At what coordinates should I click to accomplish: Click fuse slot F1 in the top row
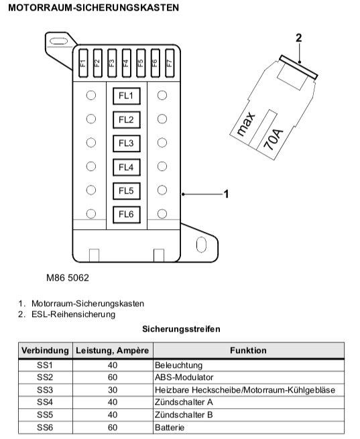pyautogui.click(x=83, y=63)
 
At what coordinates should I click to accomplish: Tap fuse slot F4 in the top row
pyautogui.click(x=126, y=63)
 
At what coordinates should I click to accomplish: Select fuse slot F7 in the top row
pyautogui.click(x=170, y=63)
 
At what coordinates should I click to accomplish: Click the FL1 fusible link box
pyautogui.click(x=127, y=96)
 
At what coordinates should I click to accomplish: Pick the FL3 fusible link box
pyautogui.click(x=127, y=143)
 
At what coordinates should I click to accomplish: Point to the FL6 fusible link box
pyautogui.click(x=127, y=214)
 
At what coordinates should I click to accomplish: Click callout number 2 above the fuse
pyautogui.click(x=299, y=38)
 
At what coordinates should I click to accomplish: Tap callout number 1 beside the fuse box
pyautogui.click(x=226, y=194)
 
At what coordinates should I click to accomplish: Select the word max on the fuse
pyautogui.click(x=246, y=124)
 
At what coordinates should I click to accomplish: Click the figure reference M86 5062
pyautogui.click(x=68, y=277)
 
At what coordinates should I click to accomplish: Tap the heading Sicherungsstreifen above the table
pyautogui.click(x=181, y=328)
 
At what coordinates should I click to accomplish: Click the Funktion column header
pyautogui.click(x=248, y=351)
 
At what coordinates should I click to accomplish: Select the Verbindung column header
pyautogui.click(x=45, y=351)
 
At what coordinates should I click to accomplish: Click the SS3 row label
pyautogui.click(x=45, y=389)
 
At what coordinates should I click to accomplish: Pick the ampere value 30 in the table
pyautogui.click(x=113, y=389)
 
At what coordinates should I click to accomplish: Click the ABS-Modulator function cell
pyautogui.click(x=184, y=377)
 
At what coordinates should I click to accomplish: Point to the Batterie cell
pyautogui.click(x=170, y=428)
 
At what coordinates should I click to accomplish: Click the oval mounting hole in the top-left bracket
pyautogui.click(x=59, y=41)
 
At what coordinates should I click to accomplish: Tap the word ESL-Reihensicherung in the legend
pyautogui.click(x=73, y=314)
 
